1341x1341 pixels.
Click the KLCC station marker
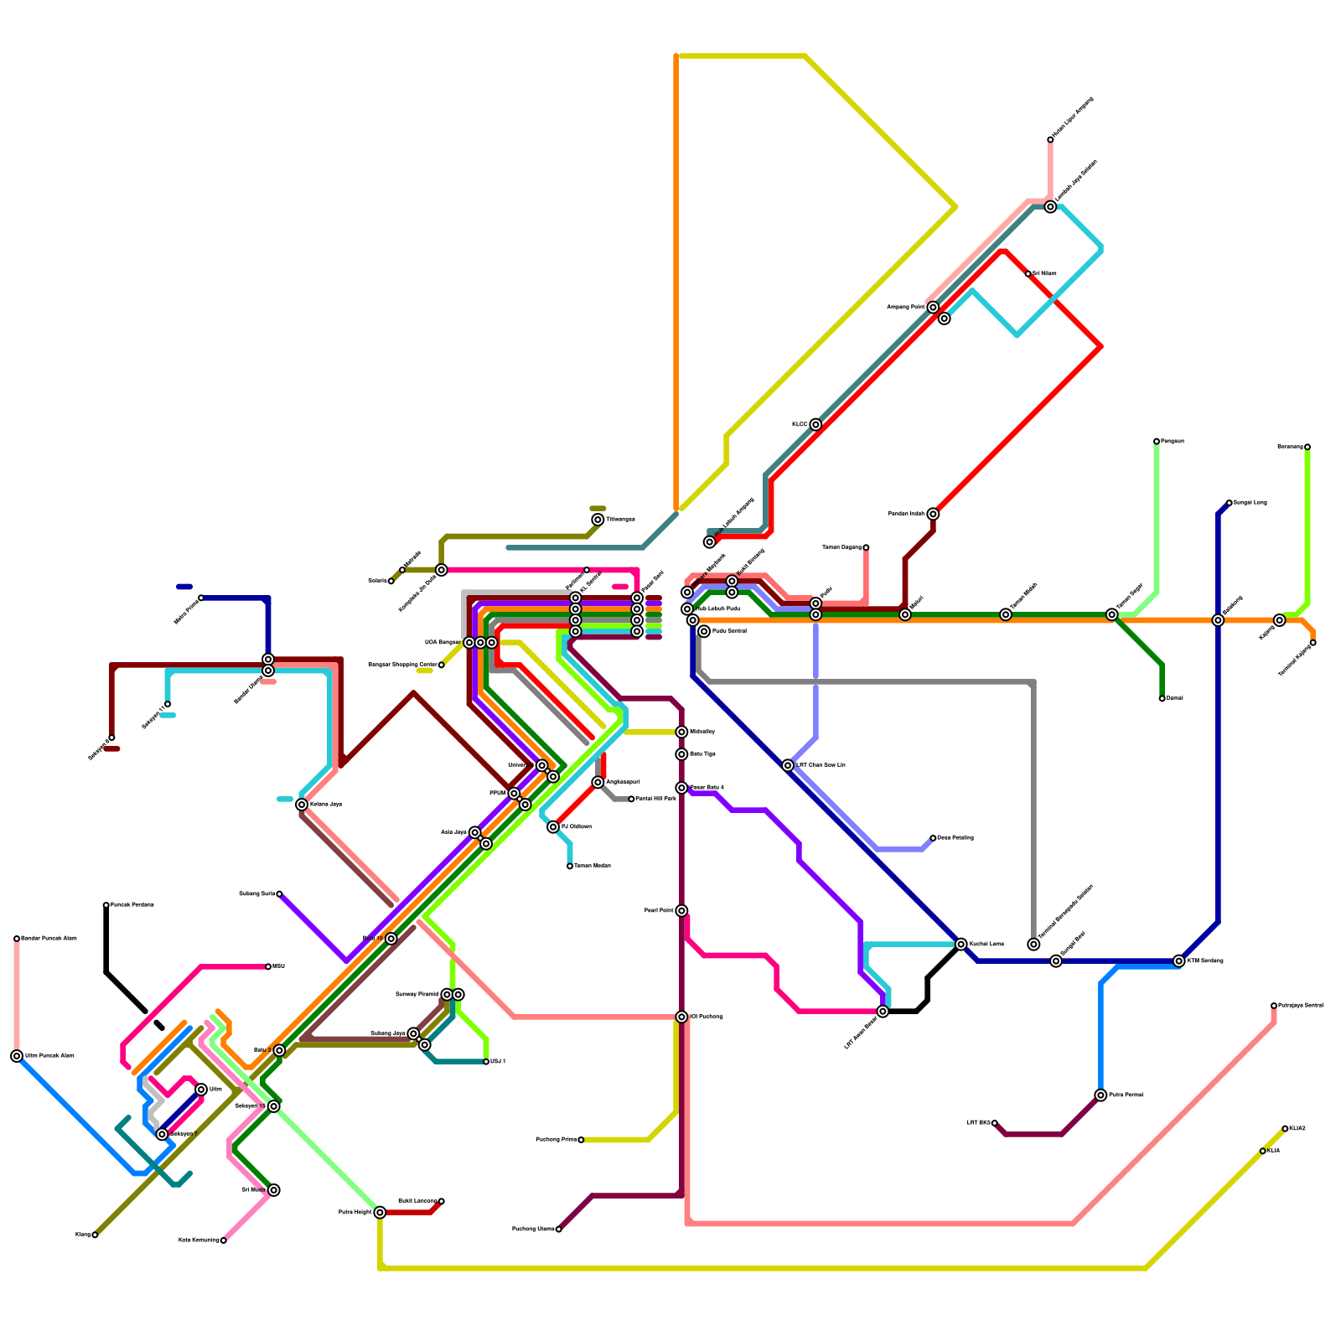tap(815, 425)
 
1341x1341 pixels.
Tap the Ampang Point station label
tap(905, 308)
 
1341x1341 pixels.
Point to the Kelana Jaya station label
tap(326, 805)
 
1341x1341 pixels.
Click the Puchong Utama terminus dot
tap(559, 1230)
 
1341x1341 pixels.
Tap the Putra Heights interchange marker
tap(380, 1212)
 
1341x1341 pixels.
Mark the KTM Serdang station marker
tap(1179, 961)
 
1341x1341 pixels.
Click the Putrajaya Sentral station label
tap(1301, 1006)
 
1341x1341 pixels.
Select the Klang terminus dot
tap(95, 1235)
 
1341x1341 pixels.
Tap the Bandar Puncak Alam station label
tap(49, 939)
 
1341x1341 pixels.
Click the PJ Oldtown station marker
tap(553, 827)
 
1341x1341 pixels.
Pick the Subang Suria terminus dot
tap(279, 894)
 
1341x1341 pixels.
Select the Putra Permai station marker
tap(1100, 1095)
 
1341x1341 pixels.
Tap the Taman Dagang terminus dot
tap(866, 547)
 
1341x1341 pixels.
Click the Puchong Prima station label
tap(557, 1140)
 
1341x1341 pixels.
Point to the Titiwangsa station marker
tap(598, 520)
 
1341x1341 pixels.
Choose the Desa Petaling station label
tap(955, 838)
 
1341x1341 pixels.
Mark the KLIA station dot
tap(1263, 1151)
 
